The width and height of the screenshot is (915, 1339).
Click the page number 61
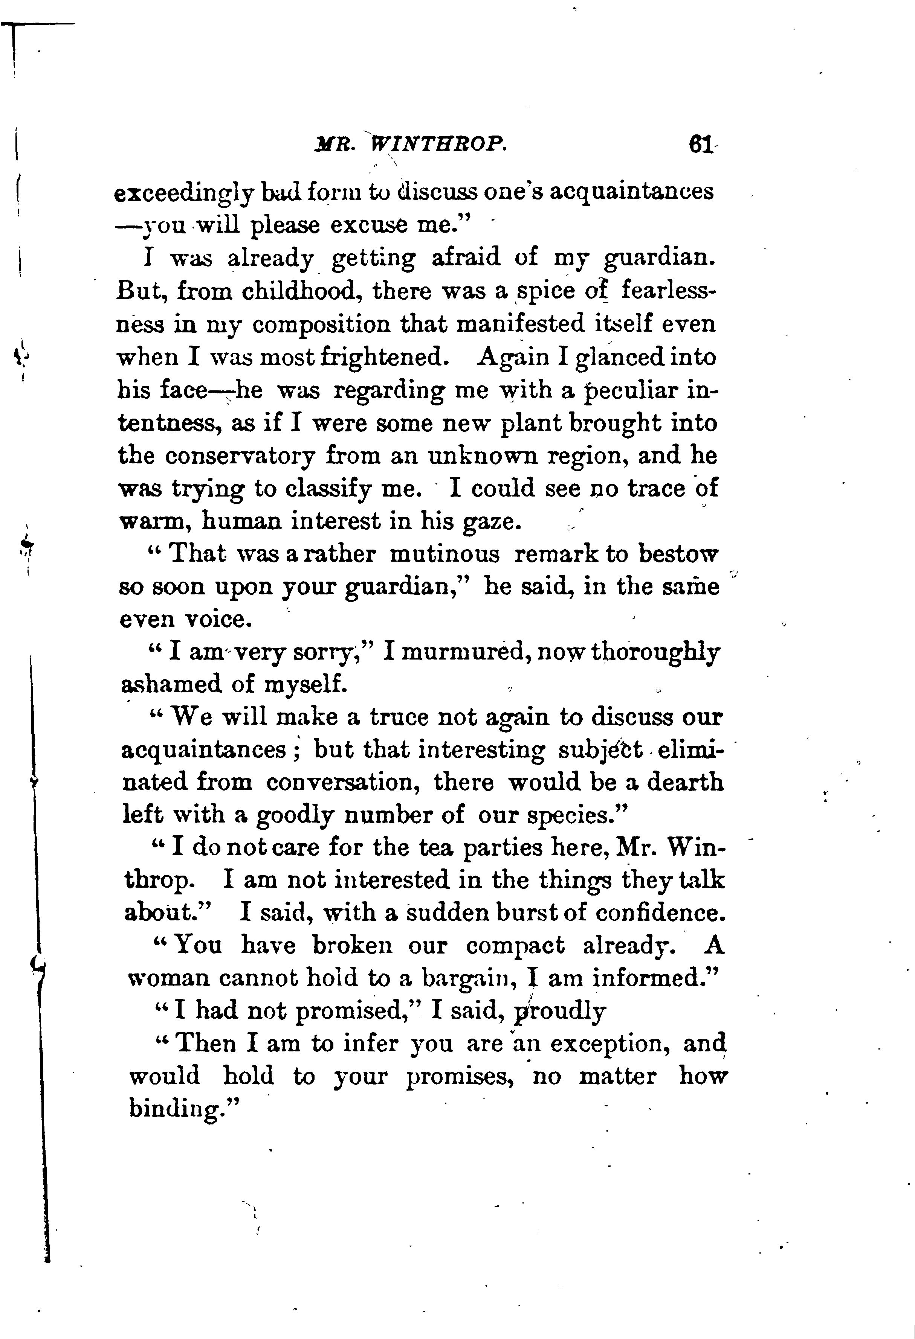point(700,145)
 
